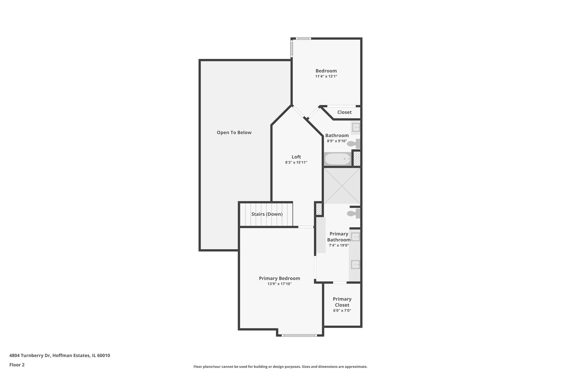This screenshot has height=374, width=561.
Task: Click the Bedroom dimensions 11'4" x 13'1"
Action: point(326,77)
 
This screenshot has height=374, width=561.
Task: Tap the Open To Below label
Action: point(234,133)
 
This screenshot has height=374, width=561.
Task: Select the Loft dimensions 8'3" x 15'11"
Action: point(296,162)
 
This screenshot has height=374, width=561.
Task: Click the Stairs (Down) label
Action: point(267,214)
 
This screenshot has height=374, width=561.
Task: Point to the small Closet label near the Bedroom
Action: point(344,112)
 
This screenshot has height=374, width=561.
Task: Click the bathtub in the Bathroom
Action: point(338,159)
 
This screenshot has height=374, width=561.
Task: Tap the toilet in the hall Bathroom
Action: point(354,144)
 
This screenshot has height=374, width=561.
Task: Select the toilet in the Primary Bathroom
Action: point(353,213)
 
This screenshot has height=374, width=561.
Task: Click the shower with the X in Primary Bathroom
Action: point(342,186)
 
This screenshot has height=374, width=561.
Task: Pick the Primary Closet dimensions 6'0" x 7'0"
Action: point(342,311)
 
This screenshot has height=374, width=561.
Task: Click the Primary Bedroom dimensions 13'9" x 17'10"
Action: point(279,284)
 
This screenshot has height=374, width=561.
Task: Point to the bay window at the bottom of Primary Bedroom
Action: point(299,335)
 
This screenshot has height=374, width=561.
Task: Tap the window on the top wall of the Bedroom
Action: point(303,38)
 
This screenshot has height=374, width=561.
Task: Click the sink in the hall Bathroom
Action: point(356,127)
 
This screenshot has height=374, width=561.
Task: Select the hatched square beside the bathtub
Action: point(357,159)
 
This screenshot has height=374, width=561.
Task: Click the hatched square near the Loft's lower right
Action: point(319,209)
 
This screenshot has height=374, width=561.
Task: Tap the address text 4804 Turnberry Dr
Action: point(30,355)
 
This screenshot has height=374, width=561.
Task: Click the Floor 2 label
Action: point(17,365)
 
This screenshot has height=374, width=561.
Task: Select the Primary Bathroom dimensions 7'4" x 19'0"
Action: point(339,246)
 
